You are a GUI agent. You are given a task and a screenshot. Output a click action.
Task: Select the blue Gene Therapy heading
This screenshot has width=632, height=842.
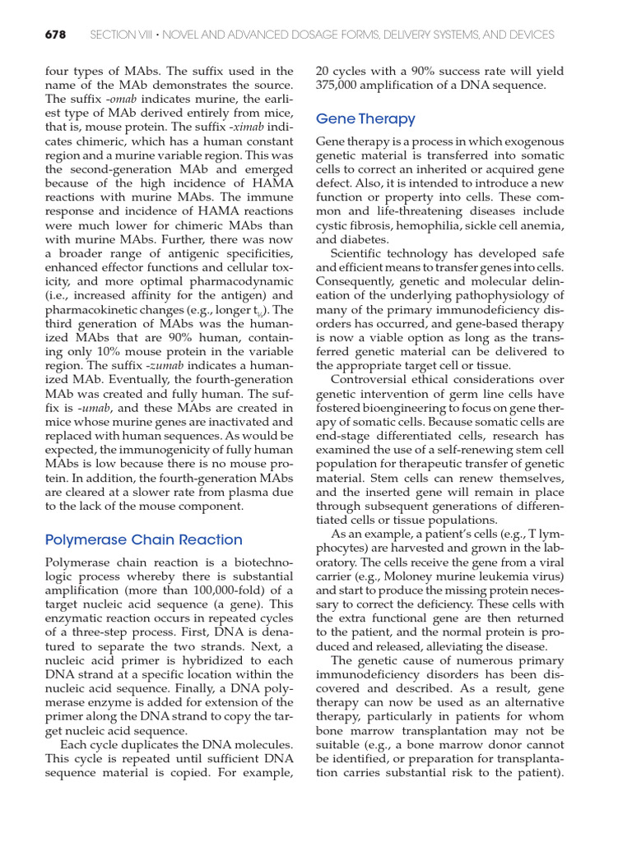click(x=365, y=118)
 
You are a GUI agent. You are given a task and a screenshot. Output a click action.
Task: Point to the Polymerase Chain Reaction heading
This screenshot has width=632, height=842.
click(x=144, y=539)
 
